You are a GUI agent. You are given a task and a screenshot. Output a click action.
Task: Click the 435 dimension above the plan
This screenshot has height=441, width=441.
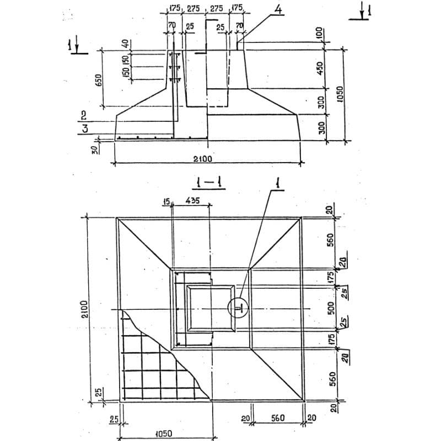[x=192, y=202]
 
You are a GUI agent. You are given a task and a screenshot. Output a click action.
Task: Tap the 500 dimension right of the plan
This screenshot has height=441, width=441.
[x=331, y=308]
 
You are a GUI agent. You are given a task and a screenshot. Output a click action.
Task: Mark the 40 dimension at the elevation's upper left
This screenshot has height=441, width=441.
[x=125, y=43]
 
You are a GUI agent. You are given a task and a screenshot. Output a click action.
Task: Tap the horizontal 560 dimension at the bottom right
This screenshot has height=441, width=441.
[x=277, y=418]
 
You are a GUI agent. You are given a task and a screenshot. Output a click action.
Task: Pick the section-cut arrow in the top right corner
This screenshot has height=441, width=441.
[x=360, y=12]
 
